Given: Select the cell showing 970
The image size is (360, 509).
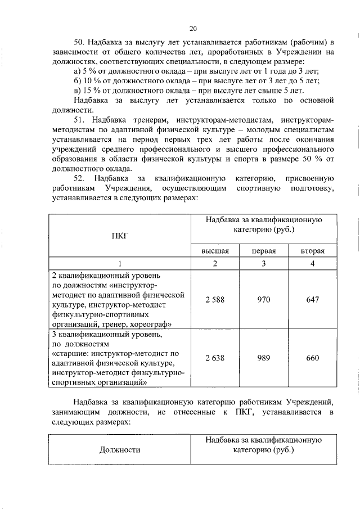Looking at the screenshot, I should (x=264, y=300).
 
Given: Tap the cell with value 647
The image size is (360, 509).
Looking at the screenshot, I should (x=312, y=300).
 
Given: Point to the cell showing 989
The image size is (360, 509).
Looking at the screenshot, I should (x=264, y=358).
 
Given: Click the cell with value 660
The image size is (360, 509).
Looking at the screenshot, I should (x=312, y=358).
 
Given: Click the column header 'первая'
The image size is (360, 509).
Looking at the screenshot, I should (x=264, y=251).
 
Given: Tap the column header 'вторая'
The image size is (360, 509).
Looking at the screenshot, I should (x=312, y=251).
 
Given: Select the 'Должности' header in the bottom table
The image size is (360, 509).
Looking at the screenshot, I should (x=120, y=449).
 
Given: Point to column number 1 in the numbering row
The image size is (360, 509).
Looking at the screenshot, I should (x=120, y=264).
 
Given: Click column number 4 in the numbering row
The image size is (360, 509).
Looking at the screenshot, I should (x=312, y=264).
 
